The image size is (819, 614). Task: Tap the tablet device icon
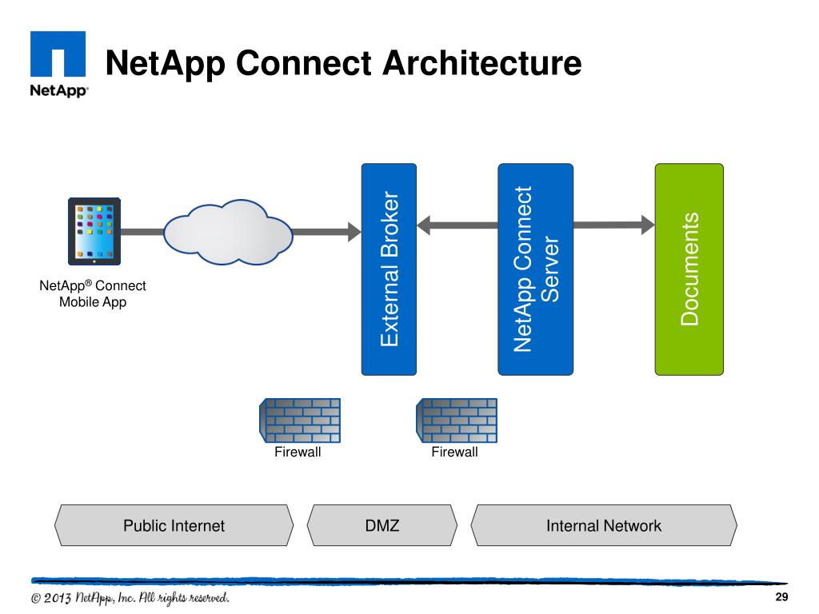pyautogui.click(x=94, y=232)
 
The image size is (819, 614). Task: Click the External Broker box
pyautogui.click(x=389, y=269)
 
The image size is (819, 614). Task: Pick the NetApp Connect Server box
pyautogui.click(x=535, y=269)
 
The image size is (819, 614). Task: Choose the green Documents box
pyautogui.click(x=689, y=269)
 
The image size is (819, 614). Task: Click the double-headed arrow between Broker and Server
pyautogui.click(x=457, y=225)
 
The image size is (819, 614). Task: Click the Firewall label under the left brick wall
pyautogui.click(x=298, y=453)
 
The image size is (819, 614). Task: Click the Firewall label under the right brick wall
pyautogui.click(x=454, y=453)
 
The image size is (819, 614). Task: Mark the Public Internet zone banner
pyautogui.click(x=174, y=525)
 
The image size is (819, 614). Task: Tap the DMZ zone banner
pyautogui.click(x=382, y=525)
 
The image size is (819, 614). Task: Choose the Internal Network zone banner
pyautogui.click(x=603, y=525)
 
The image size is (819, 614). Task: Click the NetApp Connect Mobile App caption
pyautogui.click(x=93, y=294)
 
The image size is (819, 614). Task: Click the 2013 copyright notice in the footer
pyautogui.click(x=130, y=599)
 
